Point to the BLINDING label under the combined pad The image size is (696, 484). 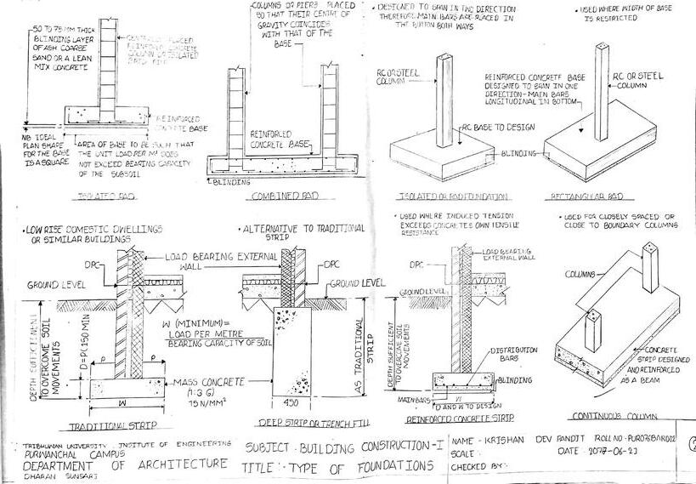[232, 181]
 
